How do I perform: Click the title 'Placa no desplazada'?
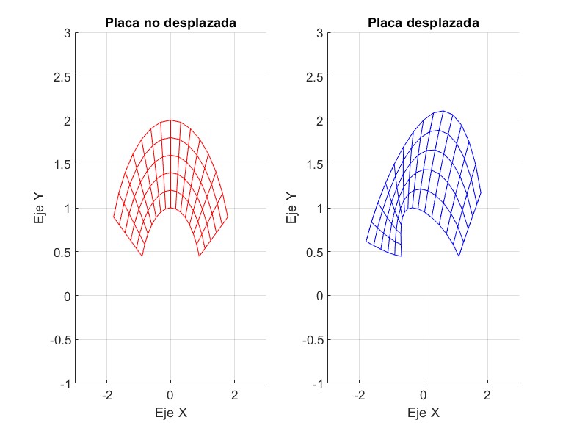pos(170,23)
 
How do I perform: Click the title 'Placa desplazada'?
pos(424,23)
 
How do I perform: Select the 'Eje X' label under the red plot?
pos(170,413)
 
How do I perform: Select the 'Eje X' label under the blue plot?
pos(424,413)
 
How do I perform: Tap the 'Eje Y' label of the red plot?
pos(40,208)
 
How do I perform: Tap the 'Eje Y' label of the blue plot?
pos(292,208)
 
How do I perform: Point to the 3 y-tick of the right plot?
pos(320,32)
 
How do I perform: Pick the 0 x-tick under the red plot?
pos(170,396)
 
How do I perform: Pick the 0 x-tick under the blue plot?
pos(424,396)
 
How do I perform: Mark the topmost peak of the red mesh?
pos(170,120)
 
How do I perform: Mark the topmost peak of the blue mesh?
pos(443,111)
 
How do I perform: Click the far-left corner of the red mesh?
pos(113,217)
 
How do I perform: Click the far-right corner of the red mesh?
pos(228,217)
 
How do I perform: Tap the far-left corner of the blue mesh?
pos(366,241)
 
